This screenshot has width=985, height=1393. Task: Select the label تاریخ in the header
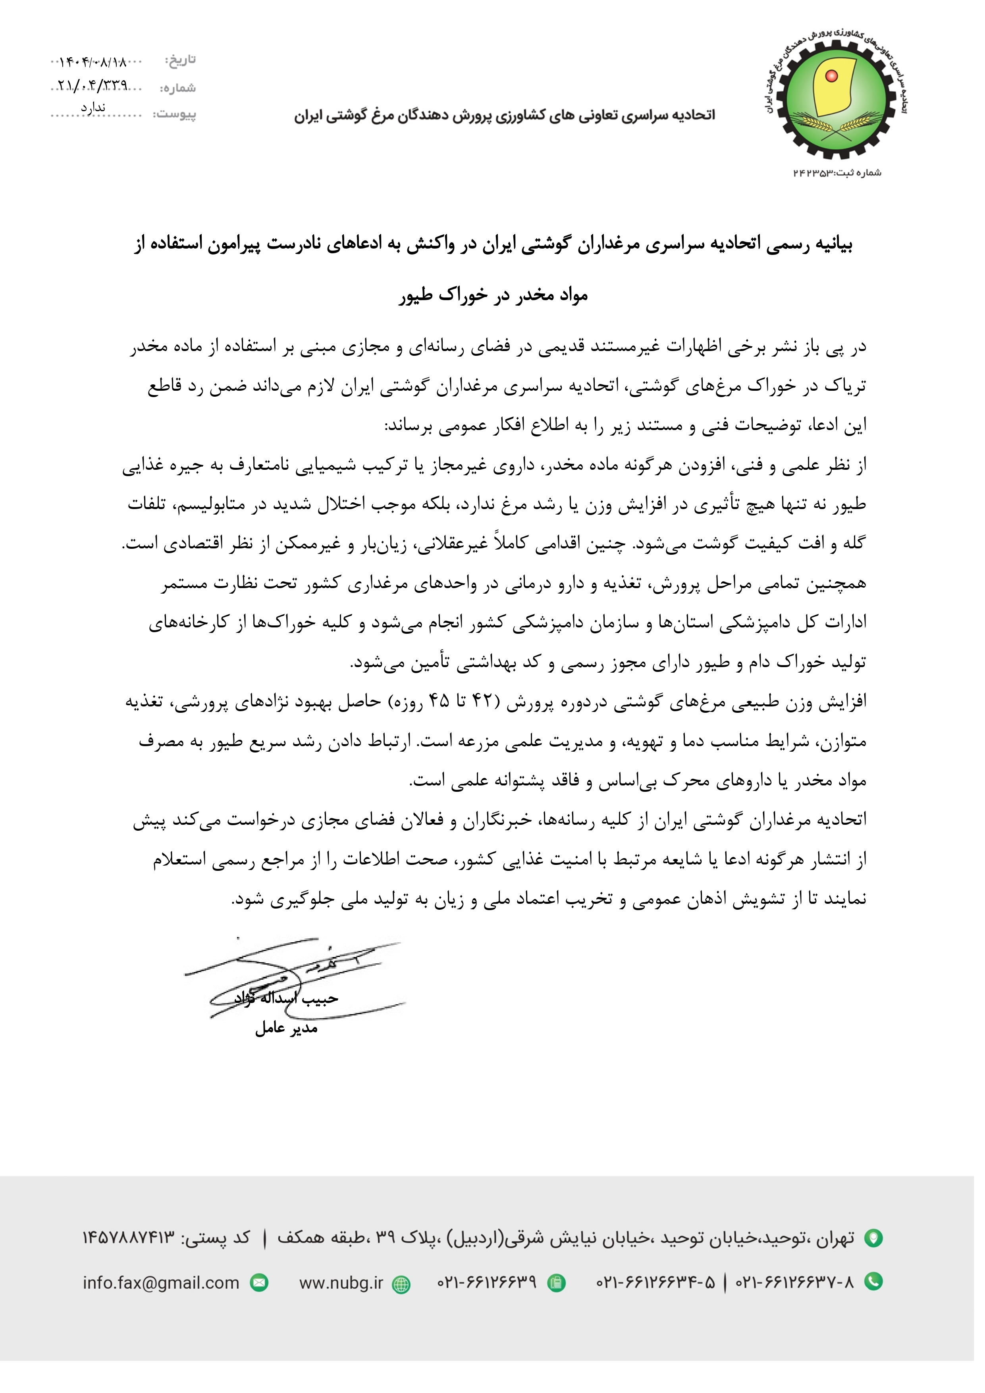pos(181,60)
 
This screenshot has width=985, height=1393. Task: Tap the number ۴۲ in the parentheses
pos(482,701)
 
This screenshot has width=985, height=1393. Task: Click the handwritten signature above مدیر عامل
pos(294,978)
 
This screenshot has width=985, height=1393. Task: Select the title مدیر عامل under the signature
pos(286,1028)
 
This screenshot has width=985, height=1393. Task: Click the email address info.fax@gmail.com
pos(161,1283)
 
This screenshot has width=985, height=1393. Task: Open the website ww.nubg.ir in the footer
pos(341,1283)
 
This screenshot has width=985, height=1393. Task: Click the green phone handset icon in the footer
pos(873,1282)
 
